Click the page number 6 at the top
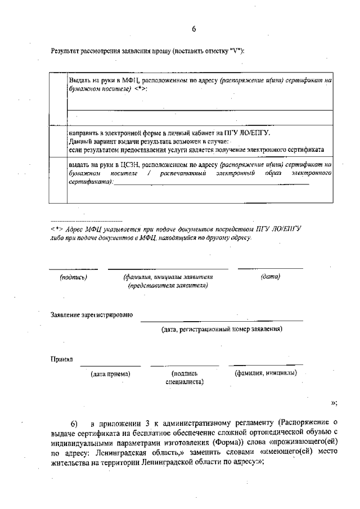193,29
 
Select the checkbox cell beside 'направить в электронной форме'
58,141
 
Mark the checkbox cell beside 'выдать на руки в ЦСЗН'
58,179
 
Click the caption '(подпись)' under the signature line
74,277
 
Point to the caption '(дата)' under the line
271,277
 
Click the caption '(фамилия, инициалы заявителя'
168,277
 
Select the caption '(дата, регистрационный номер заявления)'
222,328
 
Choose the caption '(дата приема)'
111,373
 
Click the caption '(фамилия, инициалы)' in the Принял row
265,373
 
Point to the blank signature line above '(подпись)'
74,269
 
